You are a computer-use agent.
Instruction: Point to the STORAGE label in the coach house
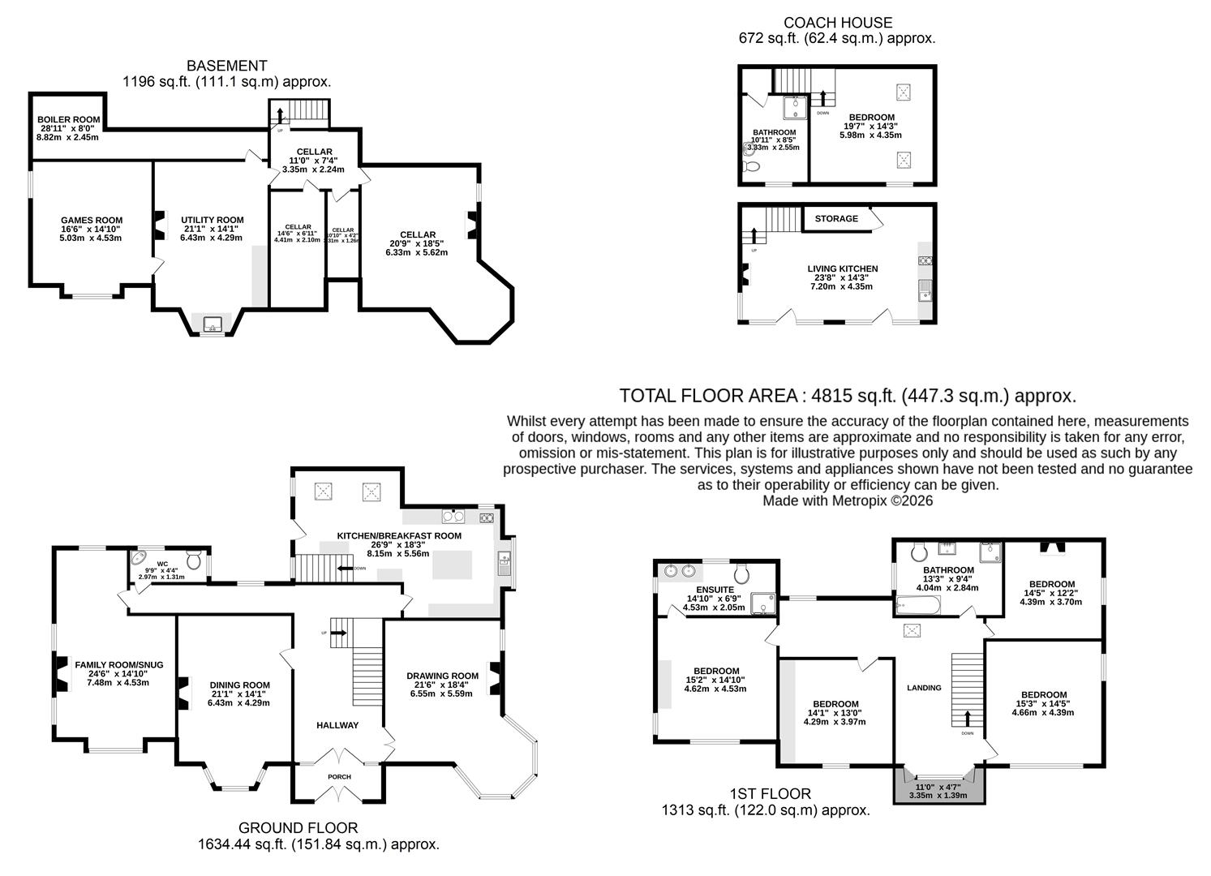[836, 218]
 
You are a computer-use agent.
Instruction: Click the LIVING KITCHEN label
[842, 268]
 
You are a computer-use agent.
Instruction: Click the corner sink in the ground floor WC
[139, 559]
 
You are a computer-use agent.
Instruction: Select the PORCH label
[339, 776]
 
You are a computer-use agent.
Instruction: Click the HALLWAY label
[337, 725]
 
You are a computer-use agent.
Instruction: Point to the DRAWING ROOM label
[442, 676]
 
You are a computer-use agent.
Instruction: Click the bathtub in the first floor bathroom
[917, 604]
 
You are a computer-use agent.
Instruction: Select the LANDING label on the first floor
[924, 688]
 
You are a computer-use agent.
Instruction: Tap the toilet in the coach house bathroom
[750, 166]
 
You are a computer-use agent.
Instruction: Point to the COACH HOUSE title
[838, 23]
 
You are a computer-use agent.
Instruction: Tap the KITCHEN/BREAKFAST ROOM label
[399, 535]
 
